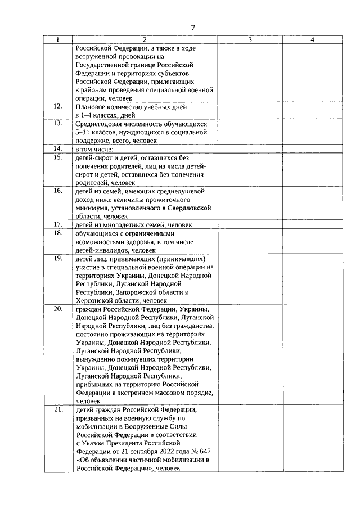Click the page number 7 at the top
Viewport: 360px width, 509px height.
click(x=193, y=28)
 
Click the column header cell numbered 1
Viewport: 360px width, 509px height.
click(x=58, y=40)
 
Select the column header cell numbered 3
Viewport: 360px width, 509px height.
click(x=250, y=40)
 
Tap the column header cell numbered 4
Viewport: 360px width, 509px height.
click(x=312, y=40)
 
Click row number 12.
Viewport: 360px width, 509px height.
click(x=58, y=106)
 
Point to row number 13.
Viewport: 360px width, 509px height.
click(x=58, y=123)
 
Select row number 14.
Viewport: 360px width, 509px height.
click(x=58, y=148)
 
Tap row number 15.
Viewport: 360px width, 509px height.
click(x=58, y=157)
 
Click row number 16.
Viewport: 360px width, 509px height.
click(x=58, y=191)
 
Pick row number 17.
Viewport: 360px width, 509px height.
click(x=58, y=224)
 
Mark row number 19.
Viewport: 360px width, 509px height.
click(x=58, y=258)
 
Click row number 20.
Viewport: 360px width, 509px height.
click(x=58, y=309)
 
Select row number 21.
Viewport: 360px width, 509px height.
click(x=58, y=409)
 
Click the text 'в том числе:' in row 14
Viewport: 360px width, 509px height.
click(x=93, y=149)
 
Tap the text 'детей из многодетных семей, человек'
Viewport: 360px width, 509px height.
click(x=133, y=224)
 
